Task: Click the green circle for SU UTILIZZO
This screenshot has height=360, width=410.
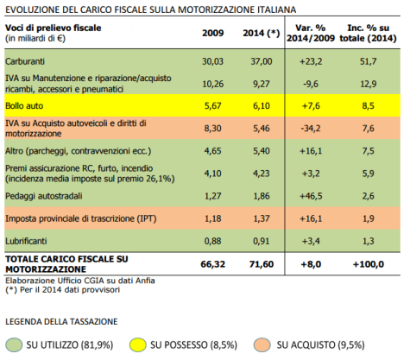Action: pos(16,345)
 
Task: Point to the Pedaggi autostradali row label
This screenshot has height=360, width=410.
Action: pos(43,197)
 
